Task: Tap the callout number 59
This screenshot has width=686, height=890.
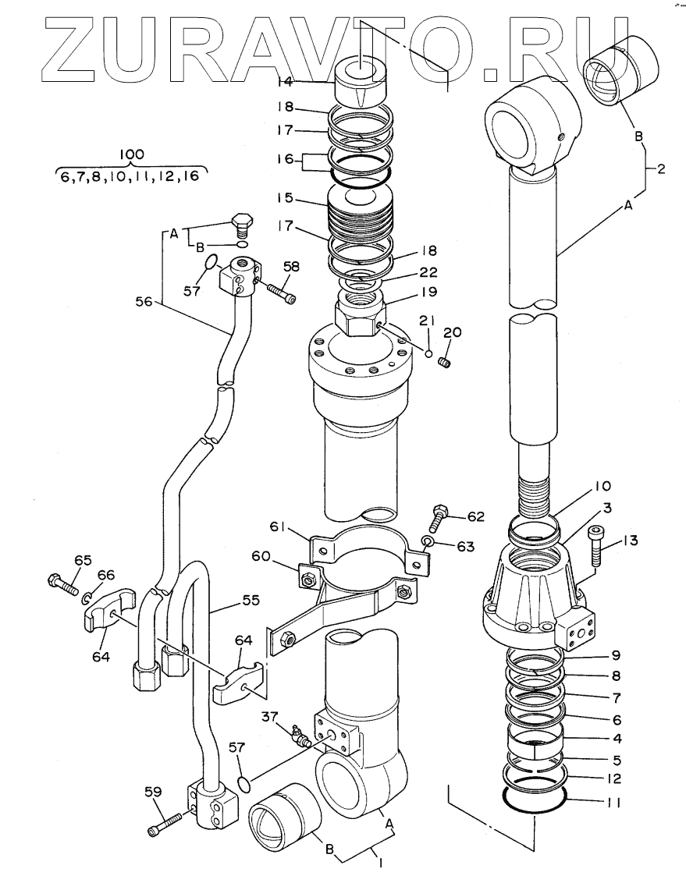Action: click(152, 792)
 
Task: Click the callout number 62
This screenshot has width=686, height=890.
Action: click(478, 516)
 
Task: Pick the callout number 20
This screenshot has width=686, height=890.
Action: click(452, 332)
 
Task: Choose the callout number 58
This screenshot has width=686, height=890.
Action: click(290, 267)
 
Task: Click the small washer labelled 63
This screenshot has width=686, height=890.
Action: click(425, 541)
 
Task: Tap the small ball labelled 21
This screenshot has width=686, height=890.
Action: click(428, 353)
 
